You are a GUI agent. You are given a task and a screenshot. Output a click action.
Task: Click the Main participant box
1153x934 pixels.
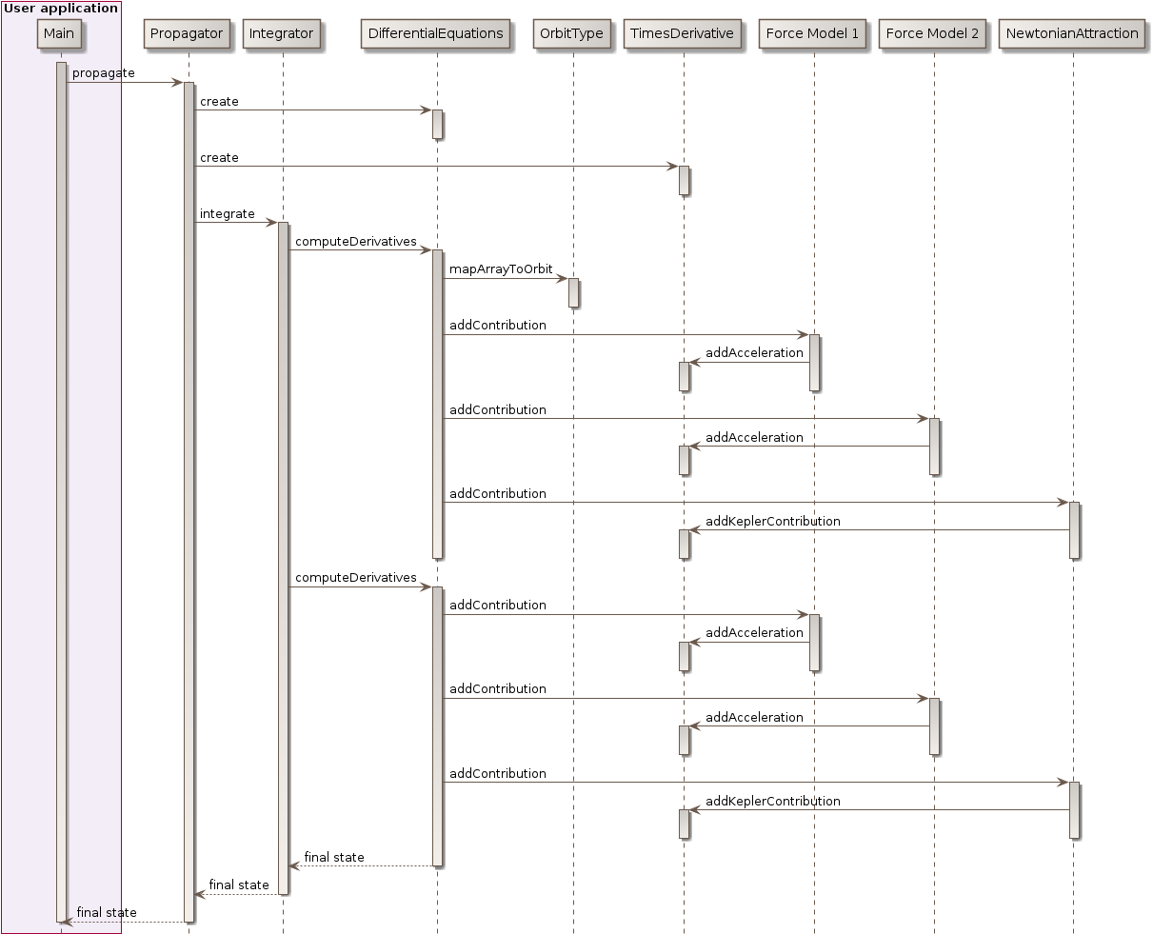tap(58, 33)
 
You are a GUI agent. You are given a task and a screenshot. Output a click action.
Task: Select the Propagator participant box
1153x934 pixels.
tap(187, 33)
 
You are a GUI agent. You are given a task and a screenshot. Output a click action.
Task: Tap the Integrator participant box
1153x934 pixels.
tap(281, 33)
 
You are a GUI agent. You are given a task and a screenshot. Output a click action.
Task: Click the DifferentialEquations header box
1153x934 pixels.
tap(436, 33)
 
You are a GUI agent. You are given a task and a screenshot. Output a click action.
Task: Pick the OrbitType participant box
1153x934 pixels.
tap(571, 33)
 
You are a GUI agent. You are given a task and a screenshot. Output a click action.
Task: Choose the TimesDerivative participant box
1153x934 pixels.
tap(682, 33)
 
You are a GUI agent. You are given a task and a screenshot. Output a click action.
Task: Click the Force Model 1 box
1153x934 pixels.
tap(812, 33)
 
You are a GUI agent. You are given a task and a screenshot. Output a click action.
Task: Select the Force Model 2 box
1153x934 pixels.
tap(932, 33)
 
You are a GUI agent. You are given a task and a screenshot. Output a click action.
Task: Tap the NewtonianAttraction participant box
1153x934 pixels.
tap(1072, 33)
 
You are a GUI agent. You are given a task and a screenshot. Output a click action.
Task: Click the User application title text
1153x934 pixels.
tap(61, 9)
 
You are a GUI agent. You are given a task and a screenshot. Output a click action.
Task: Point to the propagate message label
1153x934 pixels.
tap(103, 73)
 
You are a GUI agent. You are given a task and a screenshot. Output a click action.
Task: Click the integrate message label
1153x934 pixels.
tap(227, 214)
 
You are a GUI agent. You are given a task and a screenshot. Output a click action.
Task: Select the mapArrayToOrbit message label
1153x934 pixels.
tap(501, 269)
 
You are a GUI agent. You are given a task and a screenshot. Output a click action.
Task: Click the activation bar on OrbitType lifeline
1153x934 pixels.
tap(573, 292)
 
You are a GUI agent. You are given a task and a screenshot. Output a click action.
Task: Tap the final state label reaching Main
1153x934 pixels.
tap(107, 912)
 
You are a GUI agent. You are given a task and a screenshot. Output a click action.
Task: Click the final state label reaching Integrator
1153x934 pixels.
tap(334, 857)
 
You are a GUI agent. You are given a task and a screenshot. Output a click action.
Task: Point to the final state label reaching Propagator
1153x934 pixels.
tap(239, 884)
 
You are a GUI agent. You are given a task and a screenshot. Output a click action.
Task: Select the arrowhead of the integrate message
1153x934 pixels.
tap(271, 223)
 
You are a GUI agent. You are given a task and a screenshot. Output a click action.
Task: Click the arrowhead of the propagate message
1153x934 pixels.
tap(177, 82)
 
